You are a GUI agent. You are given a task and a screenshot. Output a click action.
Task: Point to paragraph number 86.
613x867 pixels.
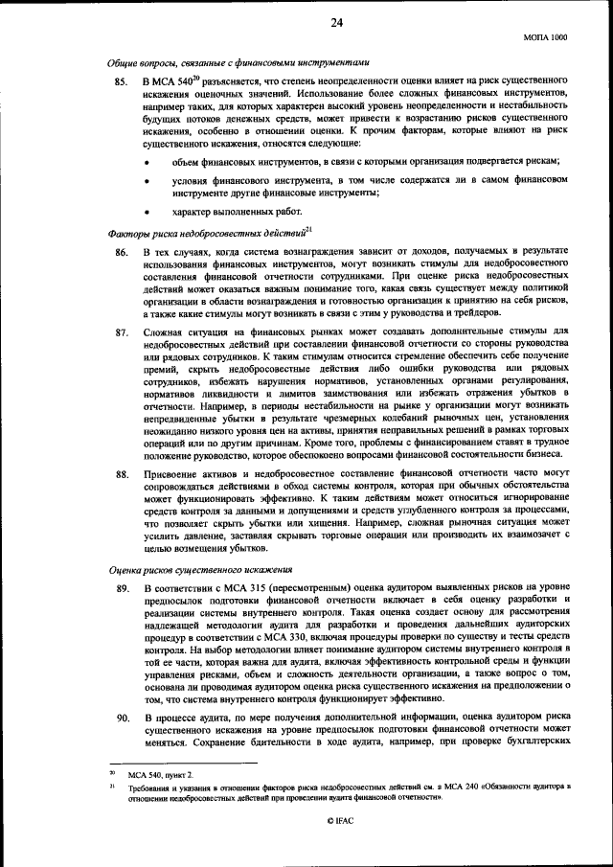(121, 251)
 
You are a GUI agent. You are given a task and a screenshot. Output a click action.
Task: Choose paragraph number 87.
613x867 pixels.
(121, 332)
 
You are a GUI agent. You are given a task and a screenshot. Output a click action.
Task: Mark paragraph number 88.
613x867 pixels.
(121, 475)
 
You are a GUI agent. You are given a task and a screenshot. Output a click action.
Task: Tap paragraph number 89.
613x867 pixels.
(121, 586)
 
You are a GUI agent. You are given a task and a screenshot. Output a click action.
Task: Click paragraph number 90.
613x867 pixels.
(121, 718)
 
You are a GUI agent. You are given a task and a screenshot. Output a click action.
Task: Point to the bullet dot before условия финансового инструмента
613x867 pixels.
(147, 179)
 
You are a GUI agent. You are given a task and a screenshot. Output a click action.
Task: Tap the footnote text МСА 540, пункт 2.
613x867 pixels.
(166, 772)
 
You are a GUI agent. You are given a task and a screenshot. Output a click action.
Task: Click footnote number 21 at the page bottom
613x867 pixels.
(111, 785)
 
